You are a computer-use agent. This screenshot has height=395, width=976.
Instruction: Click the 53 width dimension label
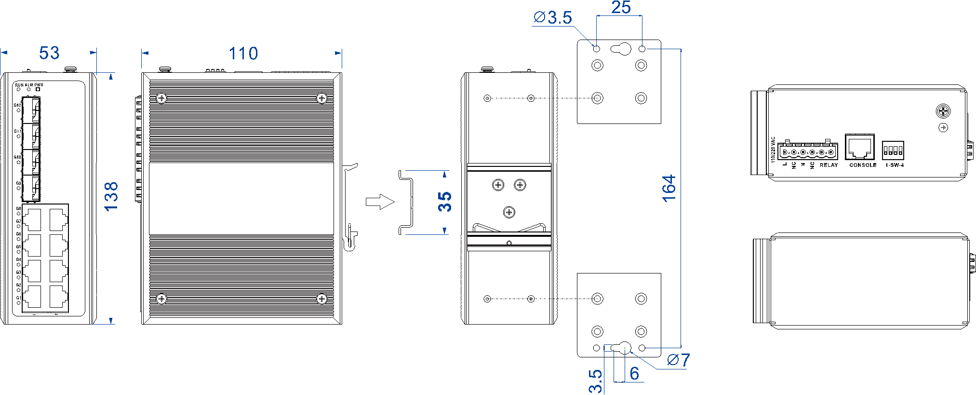[x=49, y=53]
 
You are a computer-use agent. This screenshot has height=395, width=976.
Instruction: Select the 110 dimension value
[x=243, y=54]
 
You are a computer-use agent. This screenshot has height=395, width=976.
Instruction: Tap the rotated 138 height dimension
[x=111, y=196]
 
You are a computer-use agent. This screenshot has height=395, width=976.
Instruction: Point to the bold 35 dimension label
[x=445, y=202]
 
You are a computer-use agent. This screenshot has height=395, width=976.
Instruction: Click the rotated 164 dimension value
[x=669, y=189]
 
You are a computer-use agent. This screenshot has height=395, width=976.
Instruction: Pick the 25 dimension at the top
[x=621, y=8]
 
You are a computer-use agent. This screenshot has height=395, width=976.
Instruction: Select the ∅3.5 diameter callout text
[x=553, y=18]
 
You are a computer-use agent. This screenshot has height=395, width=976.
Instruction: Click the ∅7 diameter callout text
[x=679, y=360]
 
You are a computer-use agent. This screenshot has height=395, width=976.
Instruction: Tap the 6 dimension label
[x=634, y=373]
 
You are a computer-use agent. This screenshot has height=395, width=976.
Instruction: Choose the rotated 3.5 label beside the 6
[x=596, y=381]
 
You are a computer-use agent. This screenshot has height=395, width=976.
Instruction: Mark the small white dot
[x=38, y=89]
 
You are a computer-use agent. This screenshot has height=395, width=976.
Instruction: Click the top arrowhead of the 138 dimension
[x=111, y=76]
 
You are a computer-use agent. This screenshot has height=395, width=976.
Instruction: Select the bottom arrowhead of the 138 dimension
[x=111, y=321]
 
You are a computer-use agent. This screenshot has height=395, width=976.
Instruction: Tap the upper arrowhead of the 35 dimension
[x=444, y=174]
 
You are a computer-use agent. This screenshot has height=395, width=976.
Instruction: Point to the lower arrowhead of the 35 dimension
[x=444, y=231]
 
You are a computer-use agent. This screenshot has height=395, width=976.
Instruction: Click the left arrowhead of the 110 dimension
[x=145, y=53]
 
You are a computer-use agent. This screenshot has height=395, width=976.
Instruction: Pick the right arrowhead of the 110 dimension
[x=338, y=53]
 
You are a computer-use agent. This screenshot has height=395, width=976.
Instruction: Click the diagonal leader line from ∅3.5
[x=585, y=36]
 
